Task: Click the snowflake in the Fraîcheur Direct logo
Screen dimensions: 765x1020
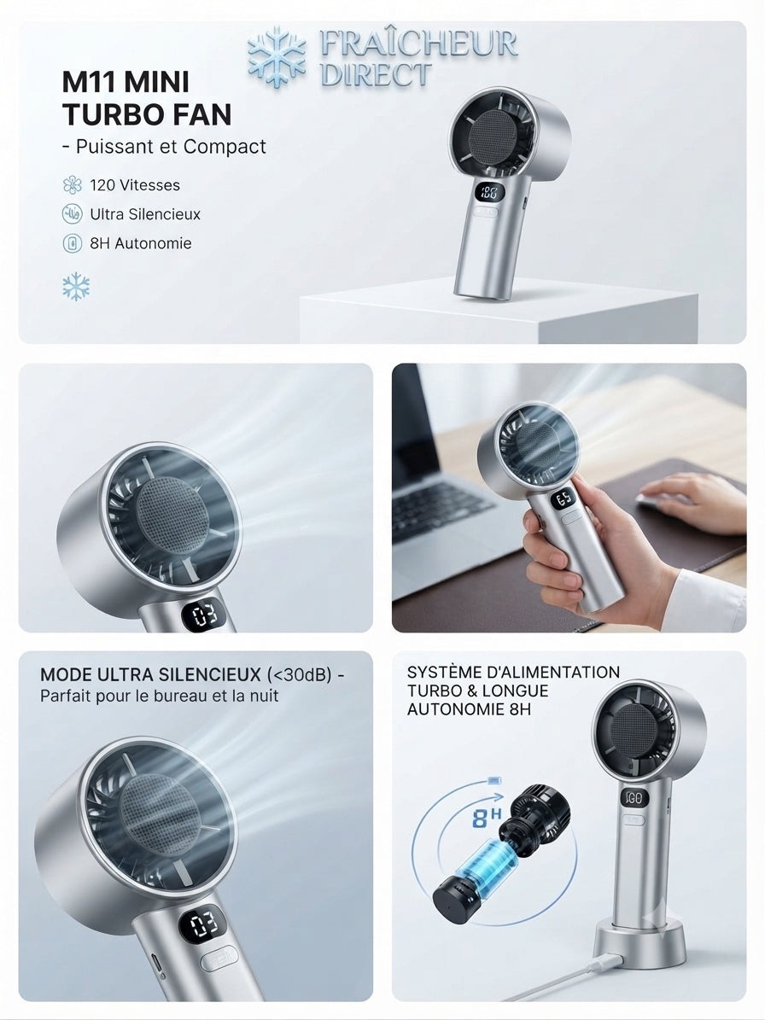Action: click(277, 56)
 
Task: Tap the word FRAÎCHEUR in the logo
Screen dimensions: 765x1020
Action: click(418, 44)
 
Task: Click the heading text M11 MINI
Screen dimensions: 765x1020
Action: click(126, 82)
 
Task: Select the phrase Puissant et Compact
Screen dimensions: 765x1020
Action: click(171, 146)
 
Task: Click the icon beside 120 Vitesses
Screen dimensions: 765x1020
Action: click(73, 184)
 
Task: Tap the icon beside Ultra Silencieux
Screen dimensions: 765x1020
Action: click(73, 214)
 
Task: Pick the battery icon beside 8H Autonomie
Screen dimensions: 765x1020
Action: click(73, 243)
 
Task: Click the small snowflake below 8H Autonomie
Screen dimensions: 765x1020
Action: click(76, 286)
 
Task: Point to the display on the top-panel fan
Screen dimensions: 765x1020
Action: click(489, 193)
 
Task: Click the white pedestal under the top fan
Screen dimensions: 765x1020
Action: click(499, 318)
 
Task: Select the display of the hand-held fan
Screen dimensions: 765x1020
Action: click(564, 499)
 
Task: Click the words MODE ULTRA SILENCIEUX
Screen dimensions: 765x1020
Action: click(151, 674)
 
